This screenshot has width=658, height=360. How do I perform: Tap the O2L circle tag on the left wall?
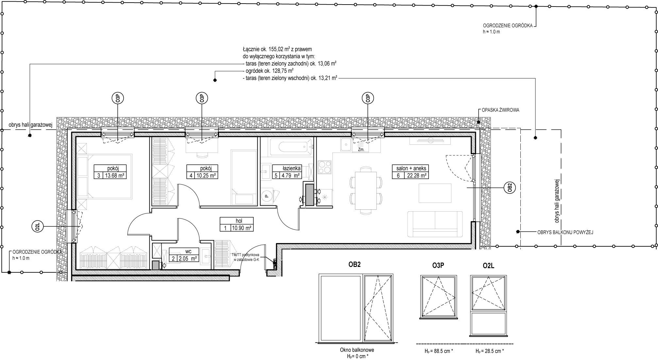38,226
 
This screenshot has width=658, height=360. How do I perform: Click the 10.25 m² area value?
207,175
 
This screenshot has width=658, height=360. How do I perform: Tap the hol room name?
239,221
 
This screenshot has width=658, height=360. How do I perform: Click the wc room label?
188,251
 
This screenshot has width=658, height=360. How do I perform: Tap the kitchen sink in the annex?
345,145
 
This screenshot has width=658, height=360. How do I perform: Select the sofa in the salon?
435,224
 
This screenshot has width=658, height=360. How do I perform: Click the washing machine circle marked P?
266,196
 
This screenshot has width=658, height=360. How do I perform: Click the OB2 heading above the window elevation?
355,265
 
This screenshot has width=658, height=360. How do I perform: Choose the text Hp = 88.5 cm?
439,351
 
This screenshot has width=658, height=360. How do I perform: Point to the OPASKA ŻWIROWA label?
500,110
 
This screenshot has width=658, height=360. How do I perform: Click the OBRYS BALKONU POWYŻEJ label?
565,233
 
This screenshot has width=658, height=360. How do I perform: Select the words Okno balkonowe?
357,350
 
